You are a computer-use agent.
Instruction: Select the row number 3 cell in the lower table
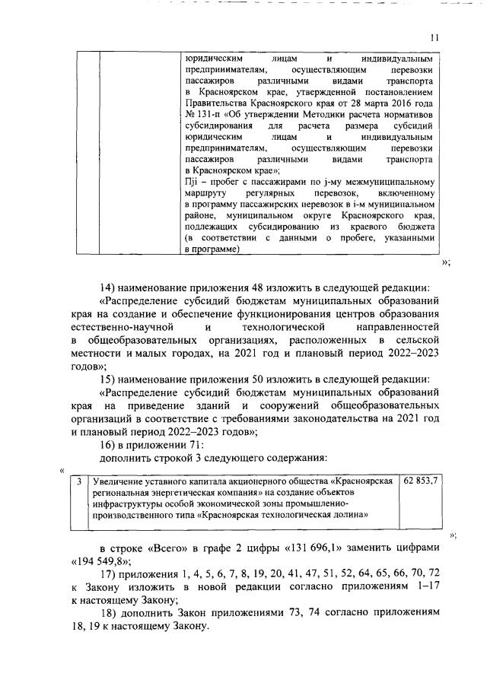(78, 481)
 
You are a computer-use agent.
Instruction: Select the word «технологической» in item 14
(285, 326)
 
